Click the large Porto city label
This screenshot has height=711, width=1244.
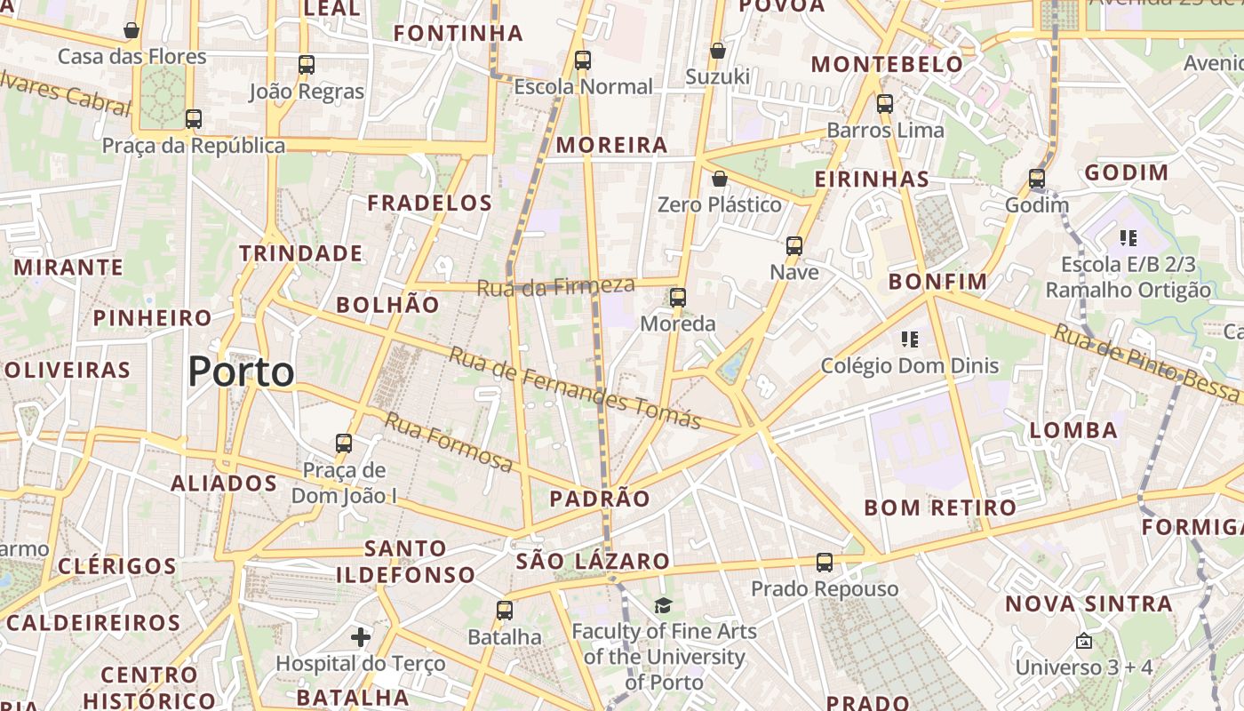point(241,371)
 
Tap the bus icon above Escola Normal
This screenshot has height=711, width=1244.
point(583,60)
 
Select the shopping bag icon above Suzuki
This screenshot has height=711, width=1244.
point(717,51)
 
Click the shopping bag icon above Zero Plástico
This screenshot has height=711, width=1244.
point(720,180)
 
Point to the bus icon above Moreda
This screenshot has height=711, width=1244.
point(678,298)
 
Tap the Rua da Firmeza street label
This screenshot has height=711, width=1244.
point(556,286)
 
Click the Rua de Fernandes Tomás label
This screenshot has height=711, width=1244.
point(575,387)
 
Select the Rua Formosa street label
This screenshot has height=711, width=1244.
point(449,442)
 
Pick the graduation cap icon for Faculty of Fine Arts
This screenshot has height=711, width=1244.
point(664,606)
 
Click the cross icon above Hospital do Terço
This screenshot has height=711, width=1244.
point(361,637)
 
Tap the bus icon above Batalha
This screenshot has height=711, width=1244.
point(505,611)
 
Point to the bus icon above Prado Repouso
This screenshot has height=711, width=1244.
point(825,563)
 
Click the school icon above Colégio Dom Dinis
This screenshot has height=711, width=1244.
point(909,339)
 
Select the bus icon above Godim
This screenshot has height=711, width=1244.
point(1037,179)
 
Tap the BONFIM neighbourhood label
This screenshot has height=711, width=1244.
point(937,283)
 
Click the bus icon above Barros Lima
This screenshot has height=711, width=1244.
point(885,104)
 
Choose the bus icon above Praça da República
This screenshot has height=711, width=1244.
point(194,119)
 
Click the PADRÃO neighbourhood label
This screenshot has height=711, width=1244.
point(600,499)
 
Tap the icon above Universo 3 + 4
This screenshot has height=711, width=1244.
point(1084,641)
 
